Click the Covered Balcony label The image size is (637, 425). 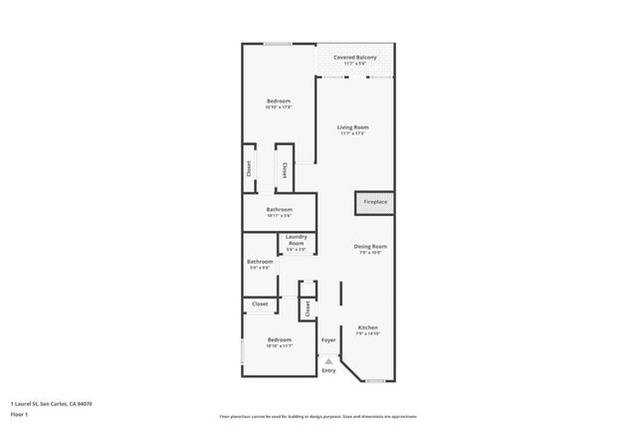pyautogui.click(x=354, y=58)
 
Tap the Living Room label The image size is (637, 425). pyautogui.click(x=353, y=127)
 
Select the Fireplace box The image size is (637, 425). pyautogui.click(x=375, y=202)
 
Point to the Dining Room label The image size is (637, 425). pyautogui.click(x=370, y=246)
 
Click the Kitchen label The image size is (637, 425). pyautogui.click(x=368, y=327)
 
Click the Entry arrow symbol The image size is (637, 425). pyautogui.click(x=328, y=358)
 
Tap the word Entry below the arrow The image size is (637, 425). pyautogui.click(x=328, y=370)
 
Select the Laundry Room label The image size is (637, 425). pyautogui.click(x=297, y=240)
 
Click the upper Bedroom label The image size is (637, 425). pyautogui.click(x=279, y=102)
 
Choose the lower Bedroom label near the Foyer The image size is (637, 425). pyautogui.click(x=279, y=340)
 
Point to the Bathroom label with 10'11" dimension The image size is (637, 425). pyautogui.click(x=279, y=209)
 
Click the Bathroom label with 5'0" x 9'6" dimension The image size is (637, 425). pyautogui.click(x=260, y=262)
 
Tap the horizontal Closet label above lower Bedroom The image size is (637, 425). pyautogui.click(x=260, y=304)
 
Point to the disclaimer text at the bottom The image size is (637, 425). pyautogui.click(x=319, y=414)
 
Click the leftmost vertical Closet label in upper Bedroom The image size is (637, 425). pyautogui.click(x=249, y=170)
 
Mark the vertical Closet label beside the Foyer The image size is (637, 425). pyautogui.click(x=309, y=310)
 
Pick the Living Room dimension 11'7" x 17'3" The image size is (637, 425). pyautogui.click(x=353, y=133)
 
